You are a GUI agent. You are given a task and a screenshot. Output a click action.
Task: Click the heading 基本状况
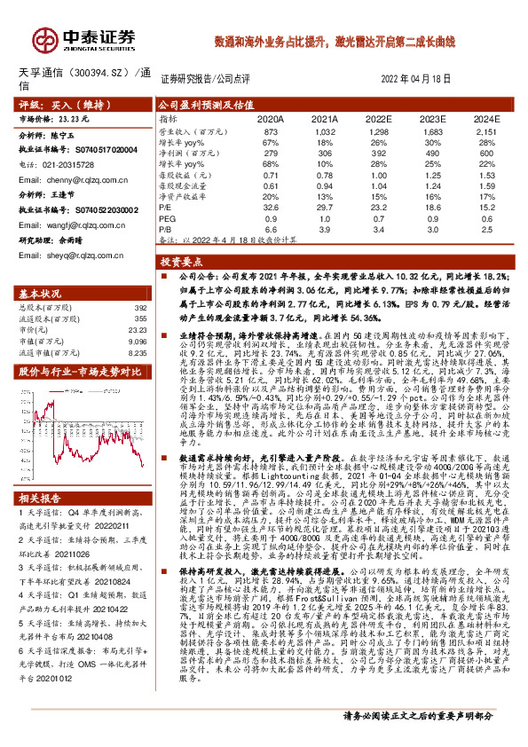pos(41,293)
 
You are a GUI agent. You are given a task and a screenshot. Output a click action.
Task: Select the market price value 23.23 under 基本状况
pos(135,327)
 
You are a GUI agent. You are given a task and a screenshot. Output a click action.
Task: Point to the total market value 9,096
pos(135,340)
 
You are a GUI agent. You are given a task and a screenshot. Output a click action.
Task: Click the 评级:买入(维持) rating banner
pos(54,104)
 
